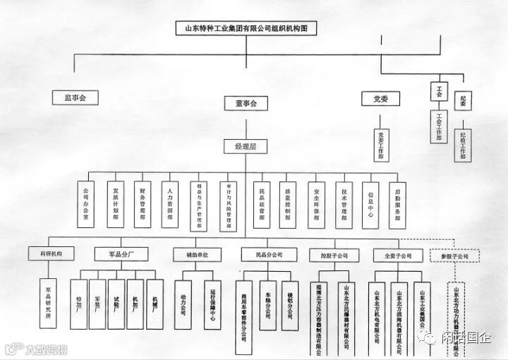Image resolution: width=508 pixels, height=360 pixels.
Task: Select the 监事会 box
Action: click(75, 98)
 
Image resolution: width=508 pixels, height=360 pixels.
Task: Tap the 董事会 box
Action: click(246, 103)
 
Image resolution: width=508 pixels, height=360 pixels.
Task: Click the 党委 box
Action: click(381, 99)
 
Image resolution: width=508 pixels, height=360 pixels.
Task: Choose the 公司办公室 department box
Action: click(87, 205)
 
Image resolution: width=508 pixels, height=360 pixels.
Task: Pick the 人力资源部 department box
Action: click(169, 205)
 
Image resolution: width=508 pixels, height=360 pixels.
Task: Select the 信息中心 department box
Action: click(370, 205)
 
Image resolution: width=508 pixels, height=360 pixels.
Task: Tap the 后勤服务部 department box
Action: click(397, 205)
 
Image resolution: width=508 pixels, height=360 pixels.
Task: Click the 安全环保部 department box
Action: click(315, 205)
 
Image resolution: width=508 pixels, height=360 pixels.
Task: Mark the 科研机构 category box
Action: click(47, 254)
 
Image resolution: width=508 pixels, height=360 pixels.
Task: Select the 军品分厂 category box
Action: click(121, 254)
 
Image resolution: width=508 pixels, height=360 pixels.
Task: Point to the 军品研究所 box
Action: click(48, 303)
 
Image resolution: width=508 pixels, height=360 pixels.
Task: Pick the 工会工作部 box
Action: click(438, 125)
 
